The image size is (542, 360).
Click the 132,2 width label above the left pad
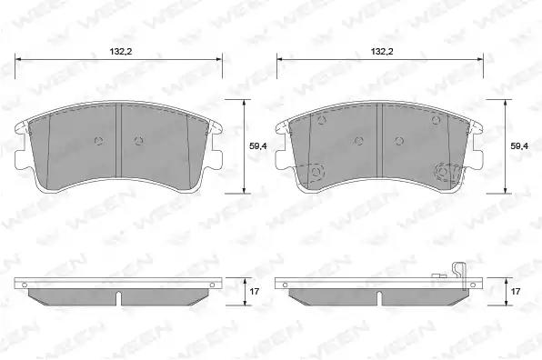point(121,52)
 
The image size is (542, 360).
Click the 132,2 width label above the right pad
point(382,52)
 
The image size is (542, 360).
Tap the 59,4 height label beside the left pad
point(258,146)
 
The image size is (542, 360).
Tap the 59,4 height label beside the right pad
point(519,146)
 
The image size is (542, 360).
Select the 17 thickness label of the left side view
point(255,292)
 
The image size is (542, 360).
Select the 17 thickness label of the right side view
point(516,292)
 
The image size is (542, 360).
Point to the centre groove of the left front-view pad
point(118,140)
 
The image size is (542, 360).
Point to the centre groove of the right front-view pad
point(379,140)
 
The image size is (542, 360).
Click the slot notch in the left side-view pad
point(118,299)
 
